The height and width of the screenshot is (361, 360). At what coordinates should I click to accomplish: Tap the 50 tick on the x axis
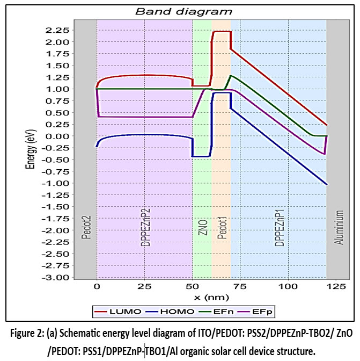[x=193, y=287]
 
